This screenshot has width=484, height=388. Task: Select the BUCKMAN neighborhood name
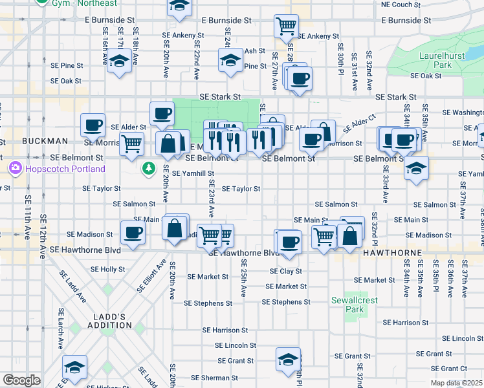(45, 141)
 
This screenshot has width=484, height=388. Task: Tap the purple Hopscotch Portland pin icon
(14, 169)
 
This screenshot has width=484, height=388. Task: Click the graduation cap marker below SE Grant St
(288, 359)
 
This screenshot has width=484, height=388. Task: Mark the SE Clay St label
(282, 272)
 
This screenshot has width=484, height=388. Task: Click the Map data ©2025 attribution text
(457, 383)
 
